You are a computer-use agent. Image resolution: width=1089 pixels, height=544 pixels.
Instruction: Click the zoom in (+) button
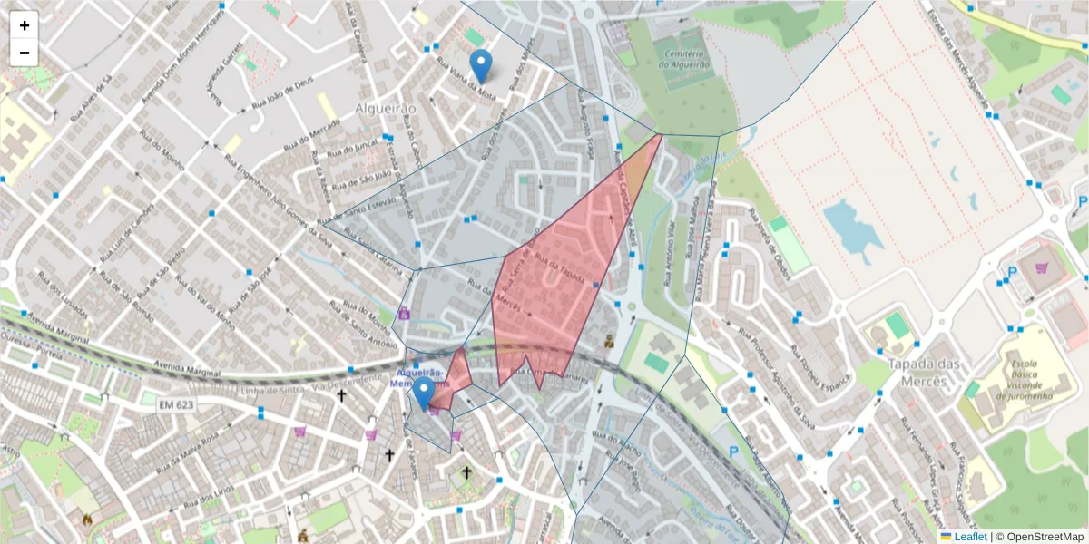[x=25, y=25]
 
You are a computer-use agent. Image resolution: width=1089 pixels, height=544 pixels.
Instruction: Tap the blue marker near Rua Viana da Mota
[x=482, y=66]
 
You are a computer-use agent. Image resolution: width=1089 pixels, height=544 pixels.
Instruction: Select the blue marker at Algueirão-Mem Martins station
[x=423, y=394]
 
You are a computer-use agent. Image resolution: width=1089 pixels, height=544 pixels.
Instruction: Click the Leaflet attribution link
[x=968, y=536]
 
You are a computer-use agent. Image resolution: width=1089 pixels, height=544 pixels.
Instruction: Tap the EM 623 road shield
[x=177, y=404]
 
